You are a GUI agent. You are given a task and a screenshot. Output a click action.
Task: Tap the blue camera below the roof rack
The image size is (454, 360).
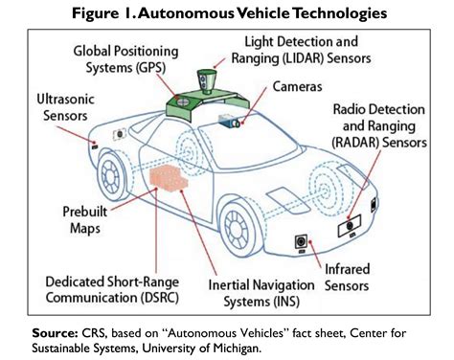[x=233, y=122]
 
